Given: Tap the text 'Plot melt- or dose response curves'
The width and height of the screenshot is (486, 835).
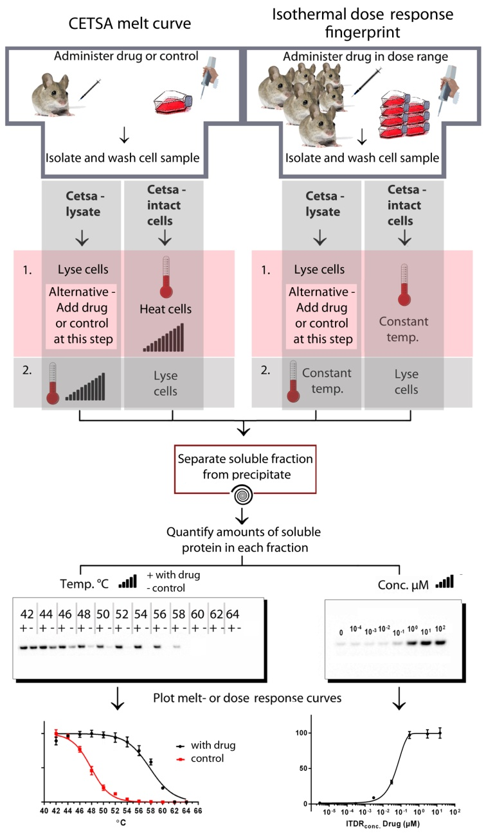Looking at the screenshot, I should (x=242, y=693).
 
